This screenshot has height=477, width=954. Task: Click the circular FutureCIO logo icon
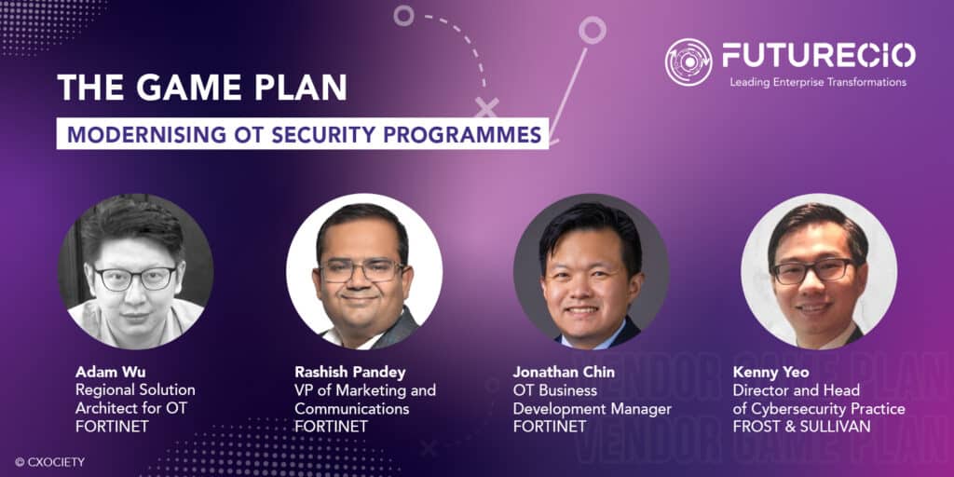(x=688, y=61)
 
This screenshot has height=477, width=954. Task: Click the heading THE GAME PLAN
(x=201, y=87)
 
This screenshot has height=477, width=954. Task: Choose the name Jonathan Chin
(x=564, y=373)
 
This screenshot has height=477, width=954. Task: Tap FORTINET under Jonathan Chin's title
(x=550, y=427)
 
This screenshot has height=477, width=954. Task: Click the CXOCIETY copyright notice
(x=46, y=460)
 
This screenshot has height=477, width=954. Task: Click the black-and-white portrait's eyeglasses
(x=135, y=278)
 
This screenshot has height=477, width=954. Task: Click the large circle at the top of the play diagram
(x=592, y=30)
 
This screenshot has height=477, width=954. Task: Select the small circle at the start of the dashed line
(x=402, y=15)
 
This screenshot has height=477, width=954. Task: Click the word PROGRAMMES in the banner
(x=477, y=134)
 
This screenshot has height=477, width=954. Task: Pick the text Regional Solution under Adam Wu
(x=136, y=390)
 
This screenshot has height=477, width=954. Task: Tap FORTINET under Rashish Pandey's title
(x=331, y=427)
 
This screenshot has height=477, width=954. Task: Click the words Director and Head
(x=796, y=390)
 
